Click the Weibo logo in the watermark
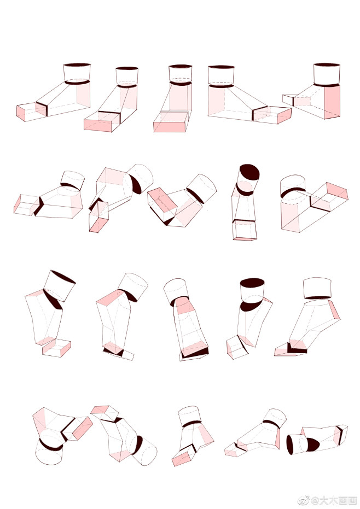(304, 500)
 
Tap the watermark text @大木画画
(334, 500)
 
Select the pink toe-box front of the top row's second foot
(97, 125)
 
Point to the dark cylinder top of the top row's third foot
(181, 66)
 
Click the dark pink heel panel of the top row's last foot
(332, 101)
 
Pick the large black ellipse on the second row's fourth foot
(249, 172)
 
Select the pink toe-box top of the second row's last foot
(337, 191)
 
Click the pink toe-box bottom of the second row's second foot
(98, 225)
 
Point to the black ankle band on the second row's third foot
(195, 196)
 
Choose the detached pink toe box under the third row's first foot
(56, 348)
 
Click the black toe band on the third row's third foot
(195, 353)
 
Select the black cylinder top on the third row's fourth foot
(252, 283)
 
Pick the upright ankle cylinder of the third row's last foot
(317, 288)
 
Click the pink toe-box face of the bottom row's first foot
(83, 428)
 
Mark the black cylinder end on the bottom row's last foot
(290, 444)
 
